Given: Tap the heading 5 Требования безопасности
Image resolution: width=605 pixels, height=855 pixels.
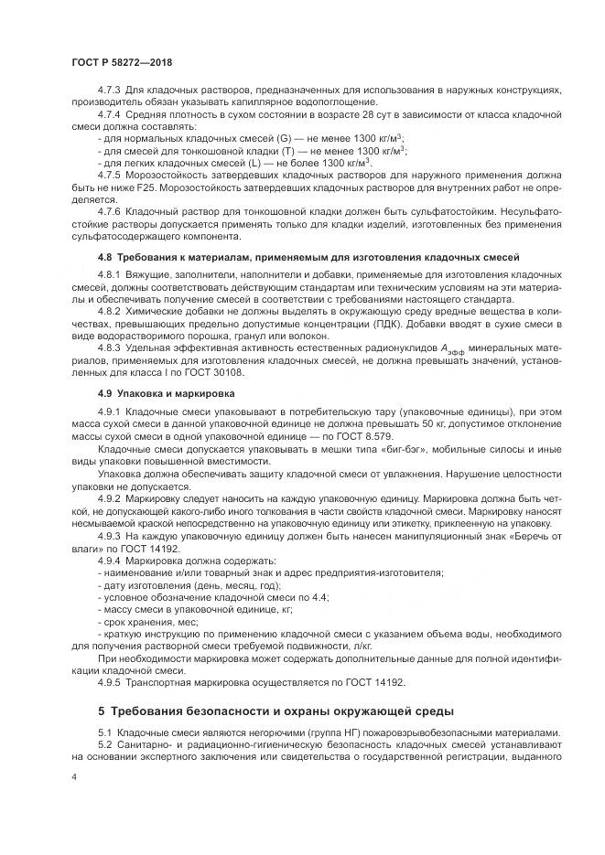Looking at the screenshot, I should pyautogui.click(x=275, y=711).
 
